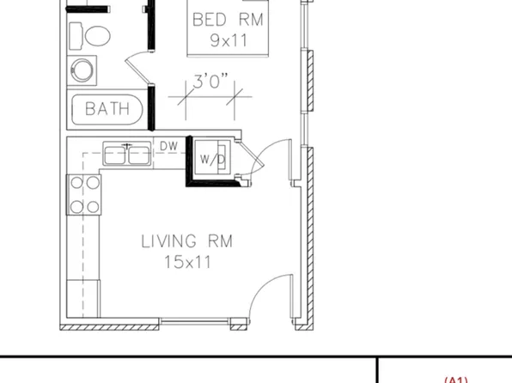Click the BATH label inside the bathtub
(107, 109)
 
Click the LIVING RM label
(187, 242)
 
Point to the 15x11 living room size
(187, 262)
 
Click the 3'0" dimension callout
(211, 82)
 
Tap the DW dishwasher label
(168, 147)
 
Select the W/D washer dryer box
(212, 158)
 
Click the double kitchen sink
(128, 154)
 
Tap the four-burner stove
(84, 194)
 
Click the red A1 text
(455, 379)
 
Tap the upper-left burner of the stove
(76, 182)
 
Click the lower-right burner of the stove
(91, 206)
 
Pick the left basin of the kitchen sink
(116, 154)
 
